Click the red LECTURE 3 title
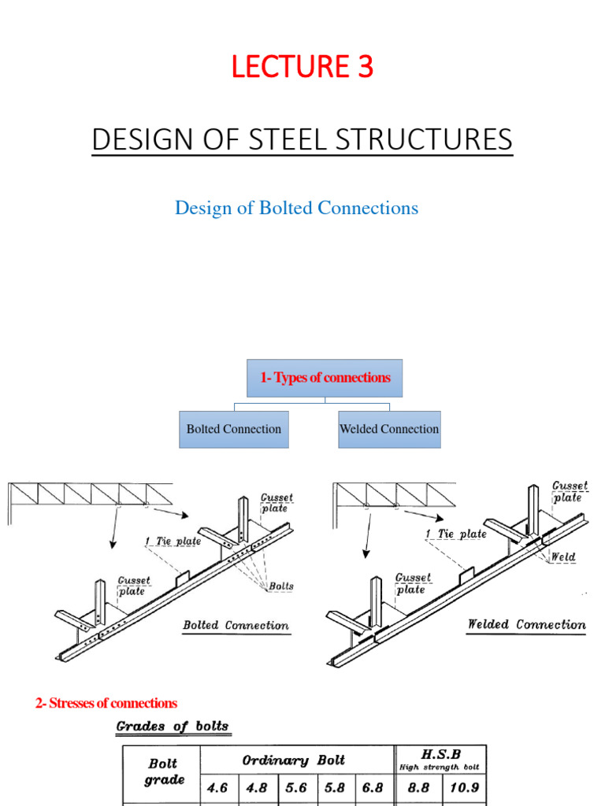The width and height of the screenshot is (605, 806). (302, 68)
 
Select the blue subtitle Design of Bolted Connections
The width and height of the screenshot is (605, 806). (296, 208)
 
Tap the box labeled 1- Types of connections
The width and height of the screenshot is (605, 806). (325, 378)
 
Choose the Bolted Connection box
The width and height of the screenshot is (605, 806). (233, 429)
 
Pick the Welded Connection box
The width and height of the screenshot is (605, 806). (389, 429)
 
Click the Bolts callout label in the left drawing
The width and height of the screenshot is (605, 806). (281, 586)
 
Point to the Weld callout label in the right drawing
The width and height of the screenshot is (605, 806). (562, 556)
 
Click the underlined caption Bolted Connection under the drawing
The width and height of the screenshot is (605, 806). (236, 626)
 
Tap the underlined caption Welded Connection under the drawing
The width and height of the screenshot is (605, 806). (526, 625)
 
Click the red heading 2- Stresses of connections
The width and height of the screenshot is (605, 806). (106, 703)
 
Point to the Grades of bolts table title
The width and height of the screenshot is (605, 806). (173, 726)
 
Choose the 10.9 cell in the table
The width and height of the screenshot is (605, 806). (463, 788)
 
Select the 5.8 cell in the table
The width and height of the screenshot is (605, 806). (336, 788)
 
